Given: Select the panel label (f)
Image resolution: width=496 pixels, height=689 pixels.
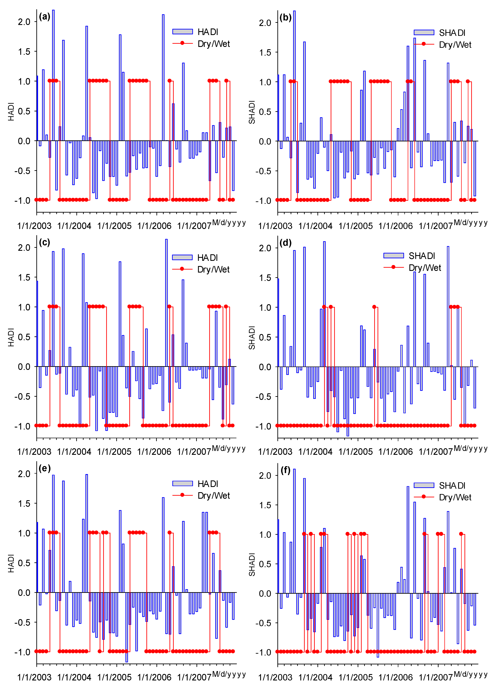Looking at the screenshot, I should pos(285,470).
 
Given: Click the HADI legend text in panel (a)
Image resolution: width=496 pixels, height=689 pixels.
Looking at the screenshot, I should pos(208,32).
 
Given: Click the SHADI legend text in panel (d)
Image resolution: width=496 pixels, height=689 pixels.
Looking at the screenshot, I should pos(422,256).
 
